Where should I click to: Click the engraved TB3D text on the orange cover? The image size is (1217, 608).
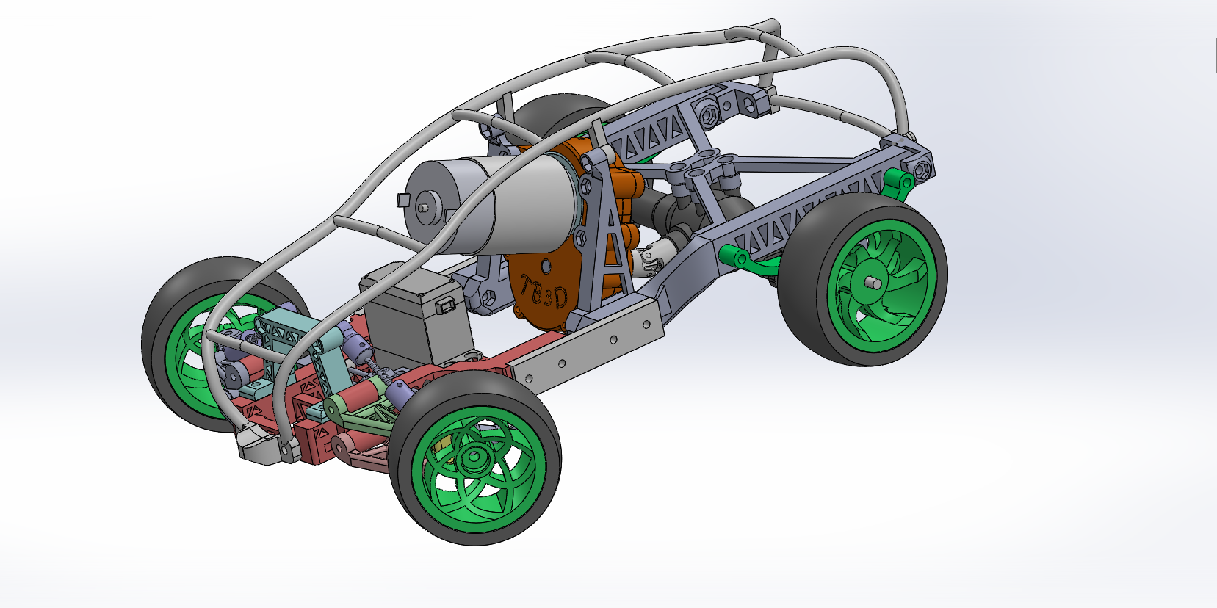544,292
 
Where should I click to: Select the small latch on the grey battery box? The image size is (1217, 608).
446,306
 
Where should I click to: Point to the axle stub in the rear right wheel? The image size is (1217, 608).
873,283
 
